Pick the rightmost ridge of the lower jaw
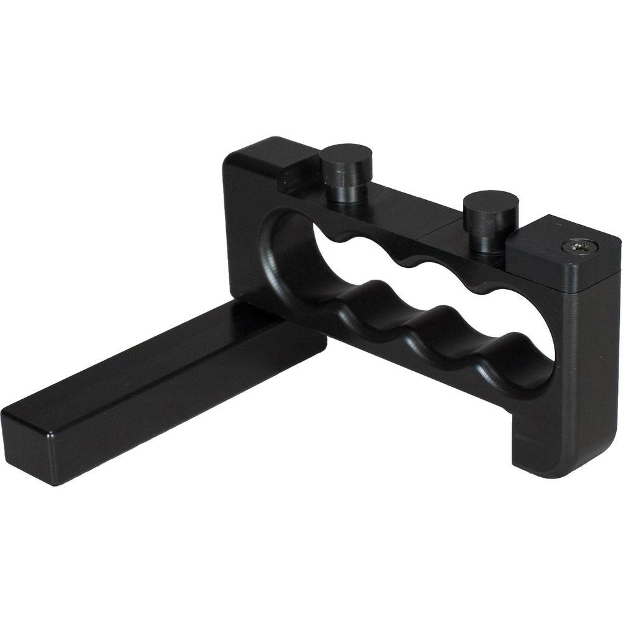pos(498,355)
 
